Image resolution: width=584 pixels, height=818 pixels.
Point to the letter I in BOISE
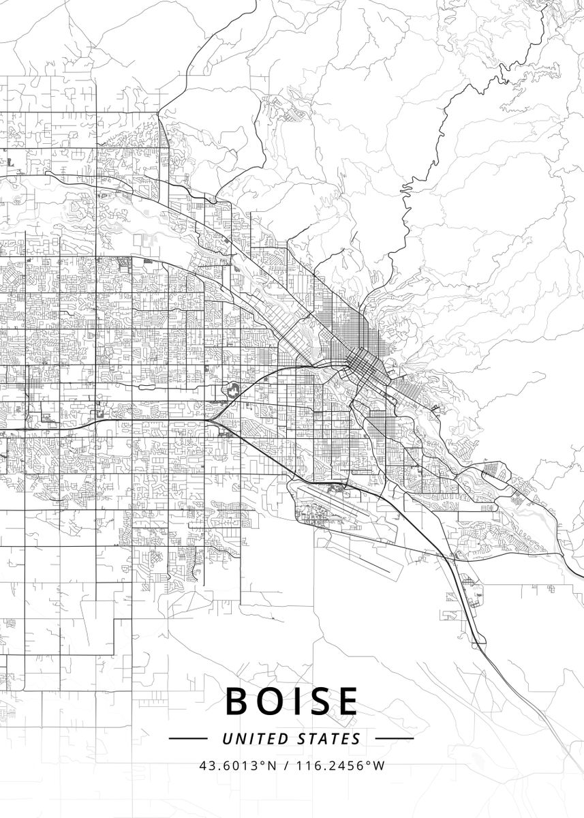coord(297,701)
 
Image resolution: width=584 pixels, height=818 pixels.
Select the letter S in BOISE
coord(319,701)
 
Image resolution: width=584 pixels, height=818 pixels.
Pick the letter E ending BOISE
coord(347,701)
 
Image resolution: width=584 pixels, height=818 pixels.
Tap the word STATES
coord(329,738)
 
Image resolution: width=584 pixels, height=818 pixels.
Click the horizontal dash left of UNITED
coord(187,738)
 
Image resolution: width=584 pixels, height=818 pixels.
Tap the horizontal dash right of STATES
coord(395,738)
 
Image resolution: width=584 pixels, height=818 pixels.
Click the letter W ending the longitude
coord(380,766)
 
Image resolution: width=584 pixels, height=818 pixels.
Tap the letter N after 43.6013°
coord(273,766)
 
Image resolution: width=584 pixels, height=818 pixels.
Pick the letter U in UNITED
coord(227,738)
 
